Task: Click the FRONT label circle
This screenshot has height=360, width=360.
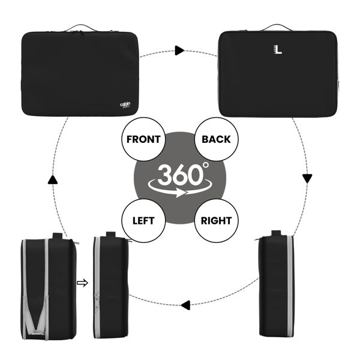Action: [x=143, y=139]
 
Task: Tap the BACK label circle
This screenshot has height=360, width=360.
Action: [x=216, y=139]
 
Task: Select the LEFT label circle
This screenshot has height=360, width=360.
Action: [x=143, y=221]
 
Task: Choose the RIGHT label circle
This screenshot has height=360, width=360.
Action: [x=216, y=221]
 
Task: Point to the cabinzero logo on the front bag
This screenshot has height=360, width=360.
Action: [x=125, y=105]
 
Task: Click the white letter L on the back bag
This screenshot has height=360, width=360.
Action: [x=278, y=50]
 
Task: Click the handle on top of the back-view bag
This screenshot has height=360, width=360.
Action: [x=277, y=27]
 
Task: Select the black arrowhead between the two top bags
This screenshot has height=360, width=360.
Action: [x=179, y=50]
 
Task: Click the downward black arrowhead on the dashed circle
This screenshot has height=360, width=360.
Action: [x=307, y=179]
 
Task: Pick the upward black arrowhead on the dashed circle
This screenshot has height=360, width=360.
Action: [x=53, y=179]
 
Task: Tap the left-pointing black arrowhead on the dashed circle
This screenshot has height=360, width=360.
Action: [x=185, y=305]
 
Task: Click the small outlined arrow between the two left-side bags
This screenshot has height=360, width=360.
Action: [x=82, y=283]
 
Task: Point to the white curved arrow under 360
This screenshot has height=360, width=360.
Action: [x=179, y=188]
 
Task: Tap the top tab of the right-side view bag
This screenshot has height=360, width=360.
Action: [x=276, y=233]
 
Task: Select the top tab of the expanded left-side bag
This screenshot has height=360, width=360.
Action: [x=58, y=236]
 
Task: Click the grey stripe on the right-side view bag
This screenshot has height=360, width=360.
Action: [x=290, y=286]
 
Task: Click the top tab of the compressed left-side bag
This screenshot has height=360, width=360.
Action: [x=110, y=235]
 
